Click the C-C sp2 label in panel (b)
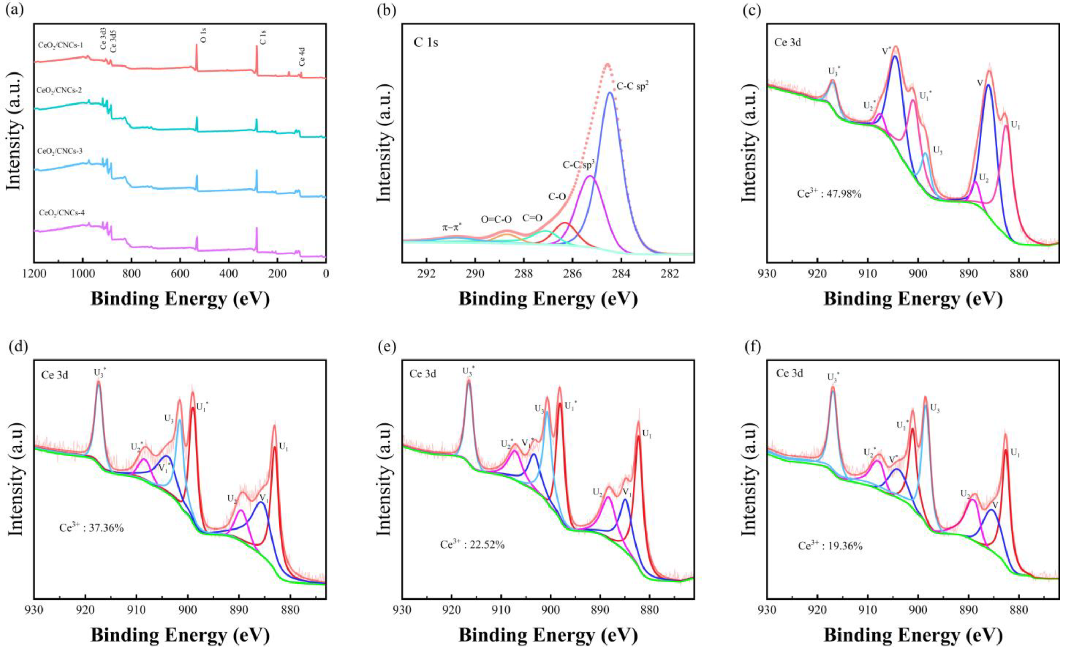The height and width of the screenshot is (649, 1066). (x=633, y=86)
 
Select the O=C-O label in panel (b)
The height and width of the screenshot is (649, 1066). (x=496, y=219)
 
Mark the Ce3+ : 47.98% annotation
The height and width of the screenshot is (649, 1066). (x=829, y=194)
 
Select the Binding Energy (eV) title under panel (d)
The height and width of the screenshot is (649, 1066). (x=180, y=635)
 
